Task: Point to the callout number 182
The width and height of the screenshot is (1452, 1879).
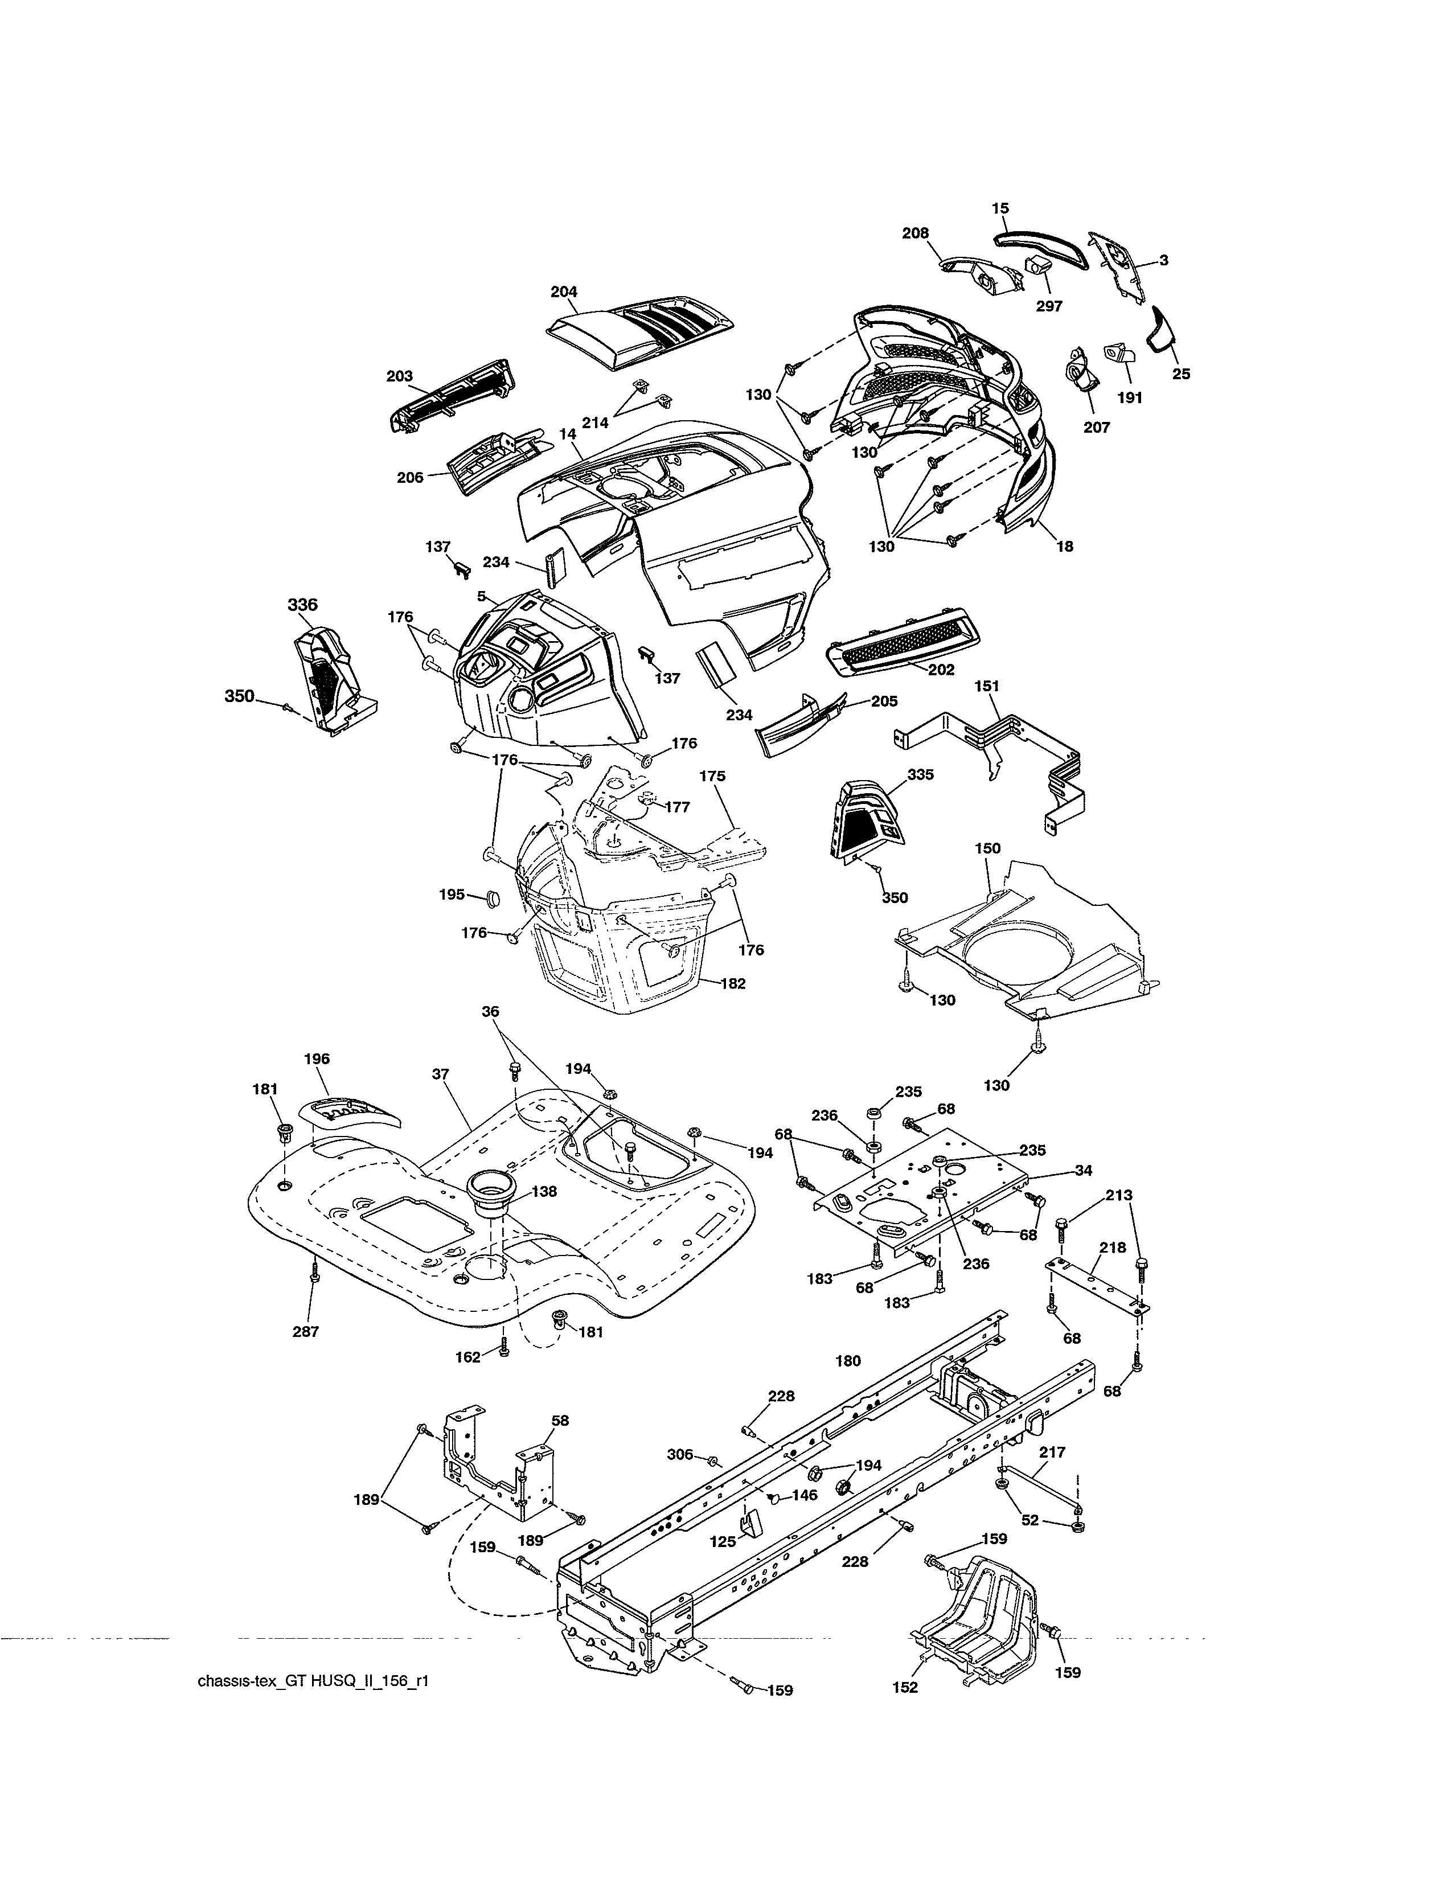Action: [x=732, y=983]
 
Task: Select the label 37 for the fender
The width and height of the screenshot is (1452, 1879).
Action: [x=441, y=1074]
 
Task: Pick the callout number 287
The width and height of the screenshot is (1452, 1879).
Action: [x=305, y=1332]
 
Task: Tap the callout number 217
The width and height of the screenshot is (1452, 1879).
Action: [x=1052, y=1453]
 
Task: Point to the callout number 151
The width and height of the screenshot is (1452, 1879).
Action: [x=987, y=686]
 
